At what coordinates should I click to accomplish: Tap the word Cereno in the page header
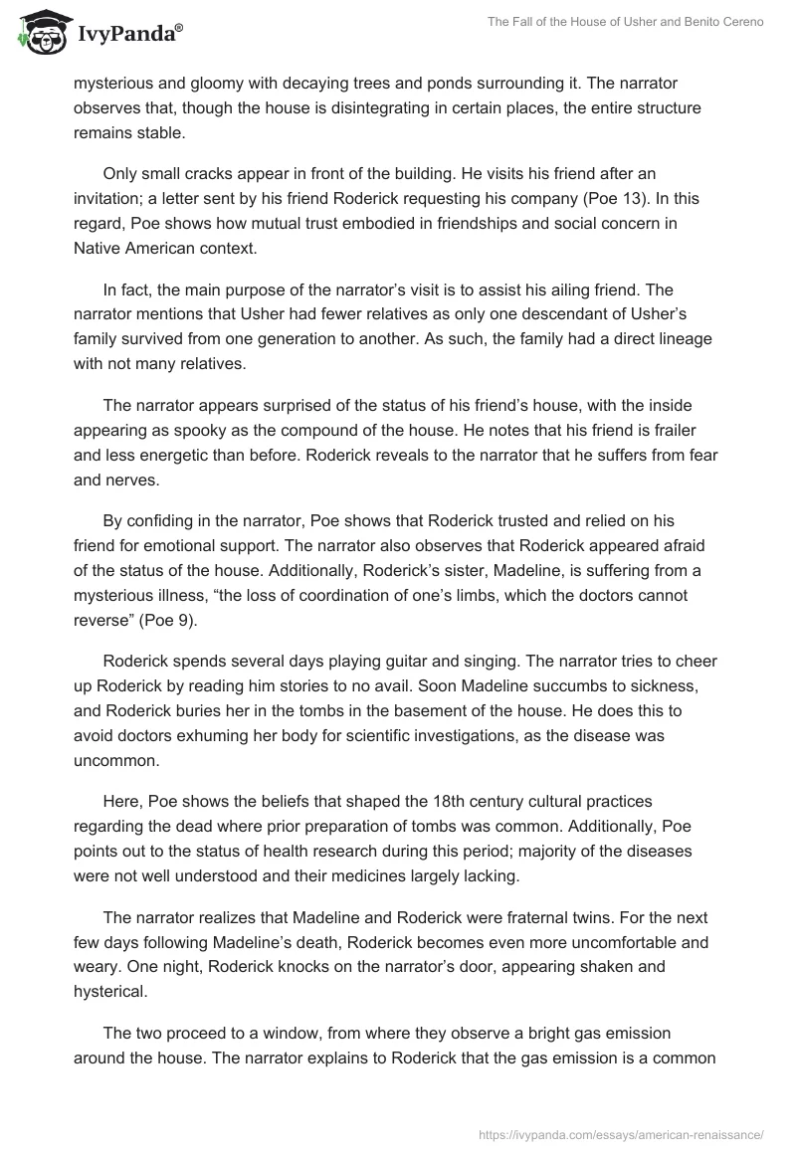[x=738, y=23]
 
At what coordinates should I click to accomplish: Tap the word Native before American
[x=99, y=249]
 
